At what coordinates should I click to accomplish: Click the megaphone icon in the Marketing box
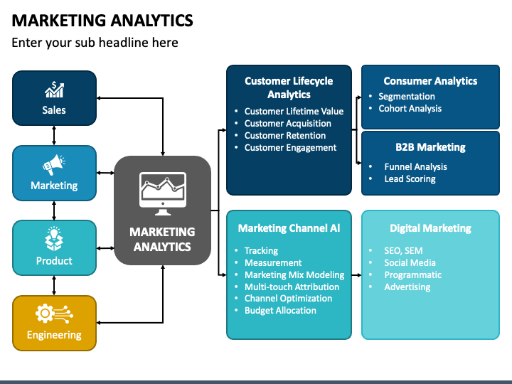coord(54,166)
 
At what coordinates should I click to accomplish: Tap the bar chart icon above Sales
coord(54,90)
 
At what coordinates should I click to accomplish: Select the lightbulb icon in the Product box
coord(54,239)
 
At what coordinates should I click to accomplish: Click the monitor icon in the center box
coord(163,191)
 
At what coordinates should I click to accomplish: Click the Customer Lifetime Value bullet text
coord(294,111)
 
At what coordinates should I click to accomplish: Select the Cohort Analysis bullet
coord(410,109)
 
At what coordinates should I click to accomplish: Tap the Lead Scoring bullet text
coord(410,179)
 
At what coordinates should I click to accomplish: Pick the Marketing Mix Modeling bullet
coord(294,274)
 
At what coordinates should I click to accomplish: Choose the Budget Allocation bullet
coord(280,311)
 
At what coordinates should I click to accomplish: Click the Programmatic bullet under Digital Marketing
coord(412,275)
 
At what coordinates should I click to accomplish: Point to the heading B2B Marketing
coord(430,147)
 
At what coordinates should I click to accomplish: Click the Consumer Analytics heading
coord(430,81)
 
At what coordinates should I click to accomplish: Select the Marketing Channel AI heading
coord(289,228)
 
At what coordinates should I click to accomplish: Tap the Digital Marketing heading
coord(430,228)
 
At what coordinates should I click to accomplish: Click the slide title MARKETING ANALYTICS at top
coord(102,20)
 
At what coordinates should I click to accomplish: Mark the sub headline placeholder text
coord(95,43)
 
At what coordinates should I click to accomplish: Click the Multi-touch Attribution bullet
coord(292,287)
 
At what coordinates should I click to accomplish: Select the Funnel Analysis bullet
coord(415,167)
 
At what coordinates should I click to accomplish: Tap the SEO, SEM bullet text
coord(402,251)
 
